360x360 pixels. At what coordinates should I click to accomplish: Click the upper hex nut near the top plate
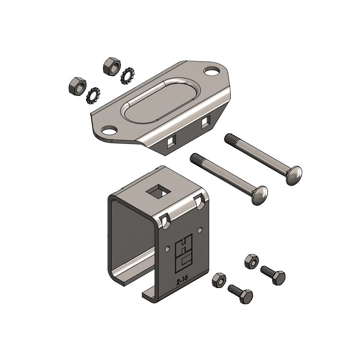click(112, 66)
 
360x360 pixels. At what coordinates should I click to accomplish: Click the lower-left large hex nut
click(78, 86)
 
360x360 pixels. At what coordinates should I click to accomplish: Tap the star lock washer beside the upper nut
click(128, 75)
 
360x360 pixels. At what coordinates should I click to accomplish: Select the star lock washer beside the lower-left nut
click(93, 95)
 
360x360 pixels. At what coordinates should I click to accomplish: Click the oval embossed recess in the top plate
click(160, 101)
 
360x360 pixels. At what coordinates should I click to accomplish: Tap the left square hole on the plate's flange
click(171, 142)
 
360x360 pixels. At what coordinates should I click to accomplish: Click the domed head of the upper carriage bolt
click(294, 176)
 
